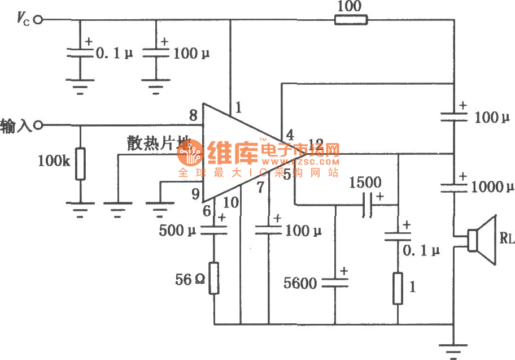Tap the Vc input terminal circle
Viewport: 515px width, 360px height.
coord(39,20)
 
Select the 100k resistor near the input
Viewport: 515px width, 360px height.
coord(80,164)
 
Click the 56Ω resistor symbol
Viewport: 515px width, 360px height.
coord(214,277)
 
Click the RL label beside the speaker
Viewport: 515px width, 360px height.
coord(507,238)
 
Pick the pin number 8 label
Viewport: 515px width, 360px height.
coord(193,116)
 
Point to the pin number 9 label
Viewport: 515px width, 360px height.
coord(195,195)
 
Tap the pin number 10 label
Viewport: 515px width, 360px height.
coord(231,201)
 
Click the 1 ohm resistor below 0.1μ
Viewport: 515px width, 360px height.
coord(398,288)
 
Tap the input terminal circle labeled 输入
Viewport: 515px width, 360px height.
coord(39,125)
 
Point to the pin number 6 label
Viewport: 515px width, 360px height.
coord(206,210)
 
